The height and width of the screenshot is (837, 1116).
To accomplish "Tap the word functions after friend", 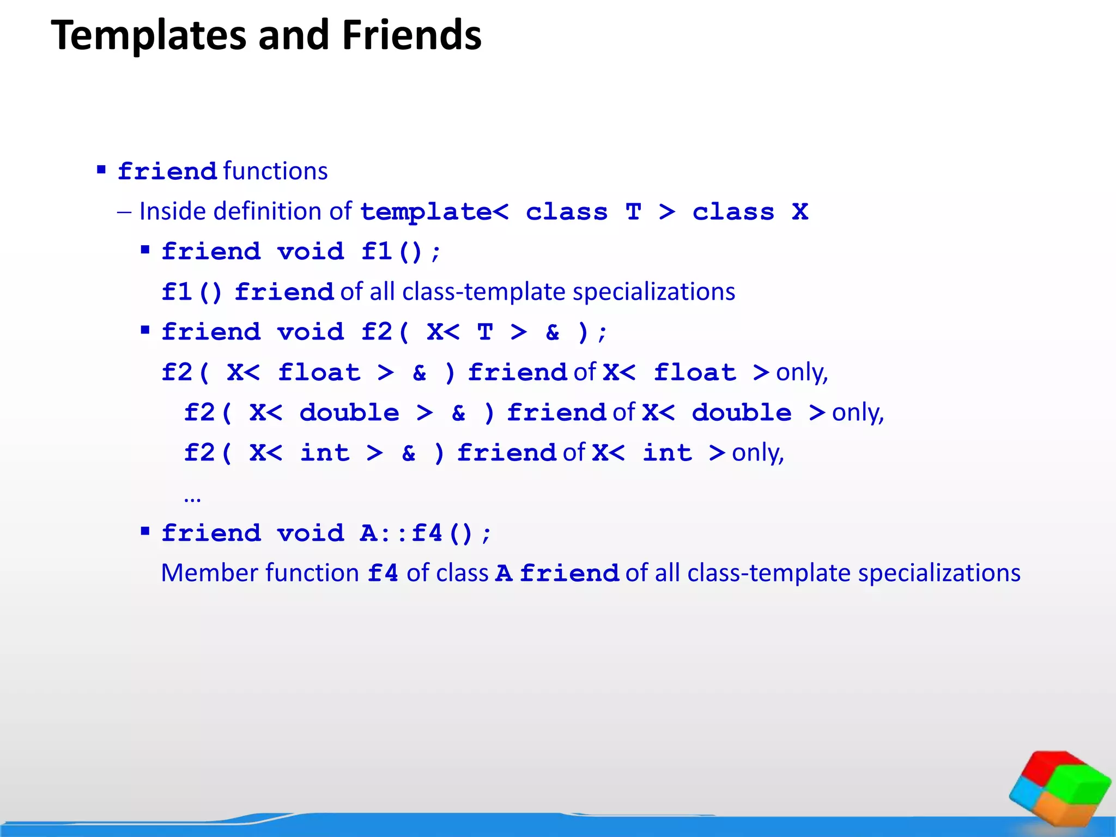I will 275,171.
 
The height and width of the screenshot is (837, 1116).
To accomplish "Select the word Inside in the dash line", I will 173,211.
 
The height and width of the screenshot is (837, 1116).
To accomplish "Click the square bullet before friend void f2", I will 145,330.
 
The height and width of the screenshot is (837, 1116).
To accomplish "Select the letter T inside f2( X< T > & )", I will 485,332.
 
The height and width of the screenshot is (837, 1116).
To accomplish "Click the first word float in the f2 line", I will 319,373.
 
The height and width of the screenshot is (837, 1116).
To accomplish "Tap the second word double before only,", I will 741,413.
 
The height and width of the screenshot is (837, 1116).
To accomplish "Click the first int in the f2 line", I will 325,453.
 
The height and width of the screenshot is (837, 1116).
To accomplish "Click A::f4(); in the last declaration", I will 425,533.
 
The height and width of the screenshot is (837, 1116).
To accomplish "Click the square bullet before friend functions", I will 101,170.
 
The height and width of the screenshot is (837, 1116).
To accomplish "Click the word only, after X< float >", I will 802,373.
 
